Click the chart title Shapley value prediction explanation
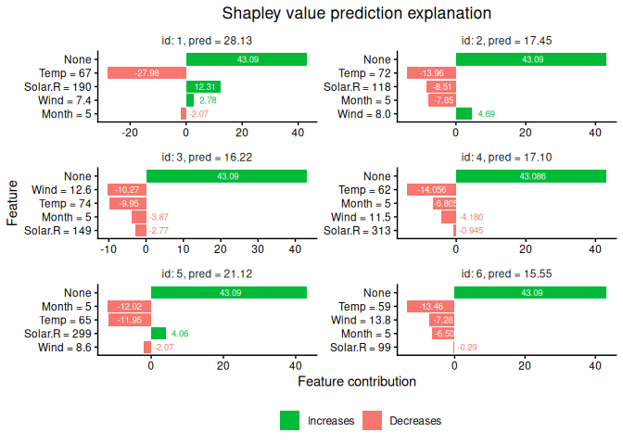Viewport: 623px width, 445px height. pyautogui.click(x=356, y=14)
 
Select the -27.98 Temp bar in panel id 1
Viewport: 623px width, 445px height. pyautogui.click(x=146, y=73)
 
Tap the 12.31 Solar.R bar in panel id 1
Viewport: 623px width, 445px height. pyautogui.click(x=203, y=87)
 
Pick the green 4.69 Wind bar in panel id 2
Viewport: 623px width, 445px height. pyautogui.click(x=464, y=114)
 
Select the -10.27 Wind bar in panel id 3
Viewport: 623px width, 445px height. pyautogui.click(x=127, y=190)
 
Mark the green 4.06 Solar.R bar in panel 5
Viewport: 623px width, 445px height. pyautogui.click(x=159, y=334)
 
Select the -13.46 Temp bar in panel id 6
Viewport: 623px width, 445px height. pyautogui.click(x=430, y=307)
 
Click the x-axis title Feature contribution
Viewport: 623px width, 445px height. pyautogui.click(x=356, y=381)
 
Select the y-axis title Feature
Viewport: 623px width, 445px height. pyautogui.click(x=13, y=203)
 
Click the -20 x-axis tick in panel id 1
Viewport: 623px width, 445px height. pyautogui.click(x=130, y=133)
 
